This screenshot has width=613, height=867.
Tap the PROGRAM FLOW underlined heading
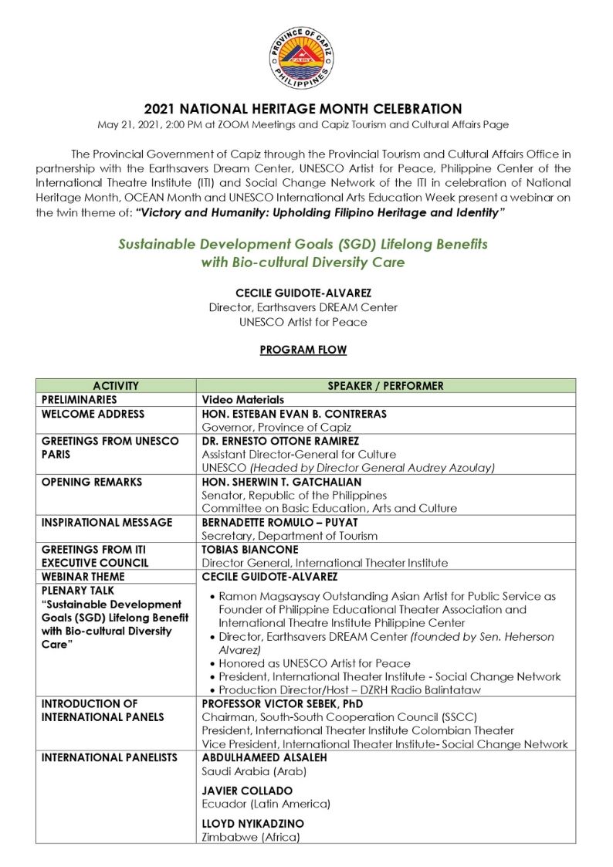[x=303, y=350]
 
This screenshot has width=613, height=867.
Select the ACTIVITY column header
[x=116, y=386]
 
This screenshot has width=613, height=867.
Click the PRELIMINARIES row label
[x=80, y=400]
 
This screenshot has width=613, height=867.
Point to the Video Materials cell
[x=242, y=400]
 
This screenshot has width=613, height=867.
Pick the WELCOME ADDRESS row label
[x=93, y=414]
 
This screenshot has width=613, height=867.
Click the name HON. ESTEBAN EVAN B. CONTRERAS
[x=294, y=414]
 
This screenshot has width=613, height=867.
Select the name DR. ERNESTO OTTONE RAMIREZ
[x=280, y=441]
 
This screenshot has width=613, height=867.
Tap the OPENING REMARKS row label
[x=92, y=482]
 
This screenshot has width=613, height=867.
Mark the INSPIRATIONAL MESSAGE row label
[x=107, y=523]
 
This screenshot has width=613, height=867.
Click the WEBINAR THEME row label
[x=83, y=577]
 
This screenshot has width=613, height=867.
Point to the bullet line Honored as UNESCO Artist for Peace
[x=314, y=663]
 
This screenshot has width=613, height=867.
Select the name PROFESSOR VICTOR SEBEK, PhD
[x=282, y=704]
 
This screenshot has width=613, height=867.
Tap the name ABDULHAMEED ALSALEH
[x=264, y=758]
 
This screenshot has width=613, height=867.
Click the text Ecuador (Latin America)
[x=266, y=804]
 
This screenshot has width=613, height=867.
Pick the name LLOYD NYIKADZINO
[x=252, y=824]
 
